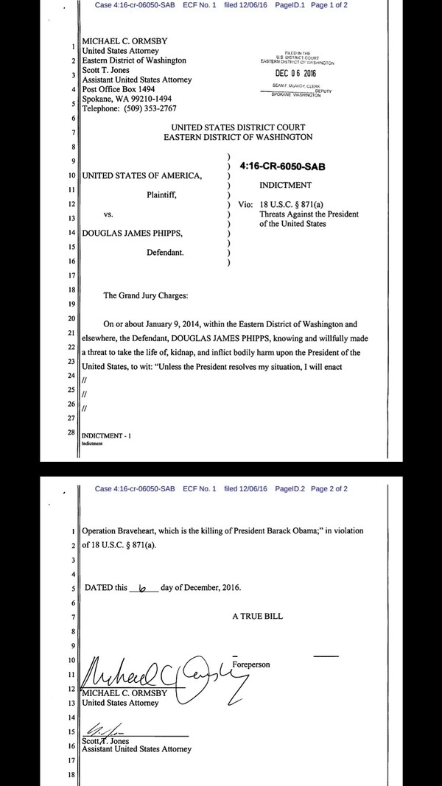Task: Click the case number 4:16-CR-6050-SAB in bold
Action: (x=282, y=166)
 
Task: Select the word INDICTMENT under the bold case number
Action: (x=286, y=186)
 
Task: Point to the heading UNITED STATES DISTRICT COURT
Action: (x=238, y=127)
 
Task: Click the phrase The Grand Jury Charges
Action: (x=146, y=295)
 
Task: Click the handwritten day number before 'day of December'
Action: (x=143, y=589)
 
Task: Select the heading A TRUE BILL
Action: (x=257, y=616)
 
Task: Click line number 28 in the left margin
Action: (x=71, y=432)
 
